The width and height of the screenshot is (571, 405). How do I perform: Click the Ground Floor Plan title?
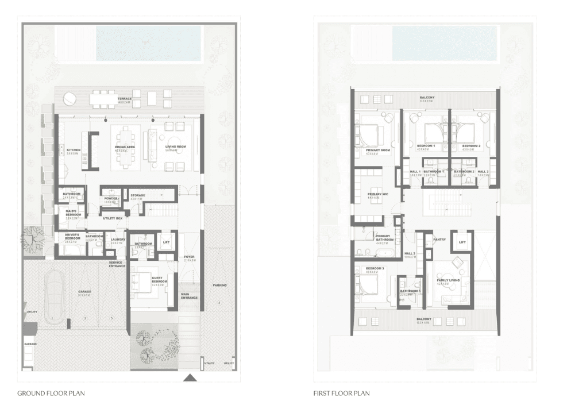51,394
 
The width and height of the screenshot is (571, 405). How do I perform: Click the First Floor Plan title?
341,394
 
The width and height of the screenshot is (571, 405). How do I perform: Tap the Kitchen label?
73,151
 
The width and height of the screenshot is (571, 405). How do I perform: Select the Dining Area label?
125,148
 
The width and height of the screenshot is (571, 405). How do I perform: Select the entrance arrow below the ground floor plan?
190,377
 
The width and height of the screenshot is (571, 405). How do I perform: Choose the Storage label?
138,196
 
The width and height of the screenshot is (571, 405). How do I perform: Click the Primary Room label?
377,151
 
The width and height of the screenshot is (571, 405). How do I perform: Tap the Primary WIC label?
377,194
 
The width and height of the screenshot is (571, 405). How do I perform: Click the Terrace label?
125,99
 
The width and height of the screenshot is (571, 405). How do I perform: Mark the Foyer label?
190,257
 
